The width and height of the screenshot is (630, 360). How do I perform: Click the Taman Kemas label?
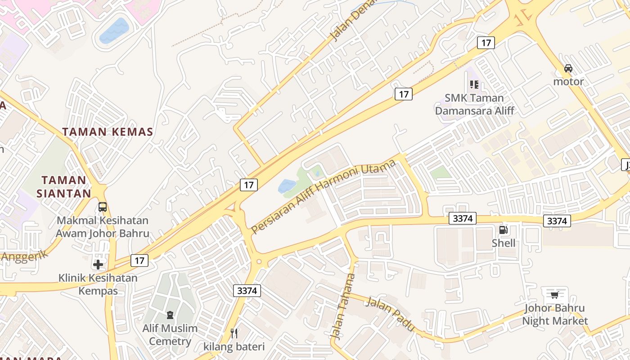(x=108, y=132)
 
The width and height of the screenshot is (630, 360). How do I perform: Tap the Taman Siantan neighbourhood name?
(x=64, y=187)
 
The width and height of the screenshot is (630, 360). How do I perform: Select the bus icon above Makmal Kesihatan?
(x=103, y=207)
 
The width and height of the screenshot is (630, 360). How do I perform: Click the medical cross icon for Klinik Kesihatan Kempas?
(x=98, y=265)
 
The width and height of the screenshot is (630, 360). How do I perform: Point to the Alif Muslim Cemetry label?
(x=170, y=334)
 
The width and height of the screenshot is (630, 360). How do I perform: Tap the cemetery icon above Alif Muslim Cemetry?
(x=170, y=315)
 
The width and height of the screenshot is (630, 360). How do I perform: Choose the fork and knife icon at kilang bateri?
(x=234, y=333)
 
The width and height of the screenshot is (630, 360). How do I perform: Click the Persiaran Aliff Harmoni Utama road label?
(x=323, y=196)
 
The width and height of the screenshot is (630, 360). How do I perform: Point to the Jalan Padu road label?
(x=390, y=314)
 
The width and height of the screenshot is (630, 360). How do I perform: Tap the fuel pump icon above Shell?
(x=503, y=230)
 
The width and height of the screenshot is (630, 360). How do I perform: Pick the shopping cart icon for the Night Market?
(x=554, y=295)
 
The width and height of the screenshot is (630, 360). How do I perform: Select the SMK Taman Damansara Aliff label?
(x=474, y=104)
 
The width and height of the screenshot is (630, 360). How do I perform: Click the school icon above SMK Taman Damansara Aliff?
(x=474, y=84)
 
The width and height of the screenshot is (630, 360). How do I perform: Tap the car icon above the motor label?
(x=568, y=68)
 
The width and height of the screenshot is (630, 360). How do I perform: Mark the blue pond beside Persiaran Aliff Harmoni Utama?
(x=287, y=186)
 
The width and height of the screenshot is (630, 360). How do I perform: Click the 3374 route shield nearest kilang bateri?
(x=247, y=291)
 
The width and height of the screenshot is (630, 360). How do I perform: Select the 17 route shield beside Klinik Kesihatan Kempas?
(x=140, y=260)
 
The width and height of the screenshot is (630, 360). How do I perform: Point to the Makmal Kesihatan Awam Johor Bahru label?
(x=103, y=227)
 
